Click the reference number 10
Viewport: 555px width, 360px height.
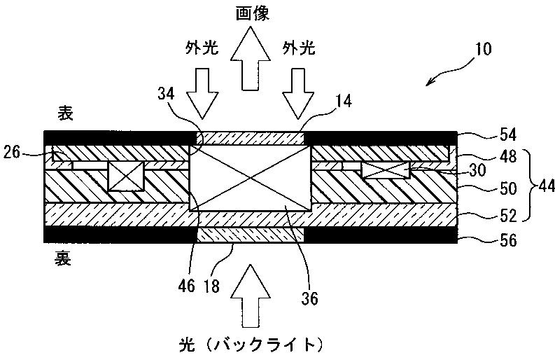point(482,50)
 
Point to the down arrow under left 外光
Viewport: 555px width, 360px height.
point(202,92)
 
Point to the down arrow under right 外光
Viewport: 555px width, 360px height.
point(296,92)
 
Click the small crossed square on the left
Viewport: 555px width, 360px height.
point(125,175)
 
